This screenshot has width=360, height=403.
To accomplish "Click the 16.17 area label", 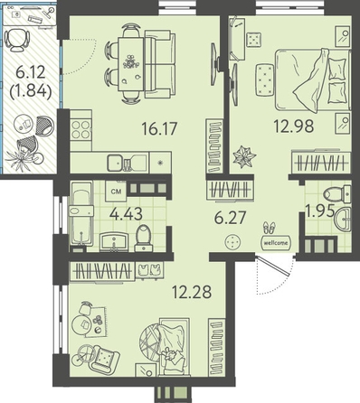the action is point(159,128).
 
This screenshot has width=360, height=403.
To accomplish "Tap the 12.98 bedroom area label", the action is point(294,126).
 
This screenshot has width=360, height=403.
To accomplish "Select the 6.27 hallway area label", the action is point(230,218).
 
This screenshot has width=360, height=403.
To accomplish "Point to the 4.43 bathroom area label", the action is point(126,214).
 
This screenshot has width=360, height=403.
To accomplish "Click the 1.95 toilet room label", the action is point(319,211).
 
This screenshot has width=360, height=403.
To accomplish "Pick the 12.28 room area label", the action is point(192,291).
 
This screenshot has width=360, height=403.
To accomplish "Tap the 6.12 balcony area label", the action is point(31,72).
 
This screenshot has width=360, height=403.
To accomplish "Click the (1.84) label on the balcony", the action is point(31,90).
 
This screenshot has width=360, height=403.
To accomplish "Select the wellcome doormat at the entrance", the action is point(276,242).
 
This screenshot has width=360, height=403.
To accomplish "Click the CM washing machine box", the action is point(116,192).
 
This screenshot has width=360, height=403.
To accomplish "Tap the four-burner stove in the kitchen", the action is point(81,129).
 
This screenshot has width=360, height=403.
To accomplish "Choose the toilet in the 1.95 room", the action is point(337,194).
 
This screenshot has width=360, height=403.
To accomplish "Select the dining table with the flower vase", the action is point(131,64).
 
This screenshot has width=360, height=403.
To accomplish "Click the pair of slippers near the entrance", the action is point(269,228).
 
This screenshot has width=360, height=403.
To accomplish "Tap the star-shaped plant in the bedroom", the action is point(244,156).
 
